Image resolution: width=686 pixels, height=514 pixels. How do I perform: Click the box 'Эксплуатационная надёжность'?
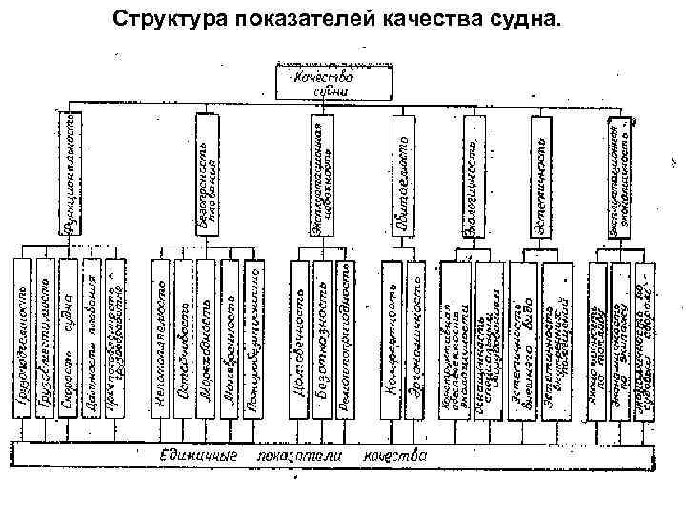click(323, 177)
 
